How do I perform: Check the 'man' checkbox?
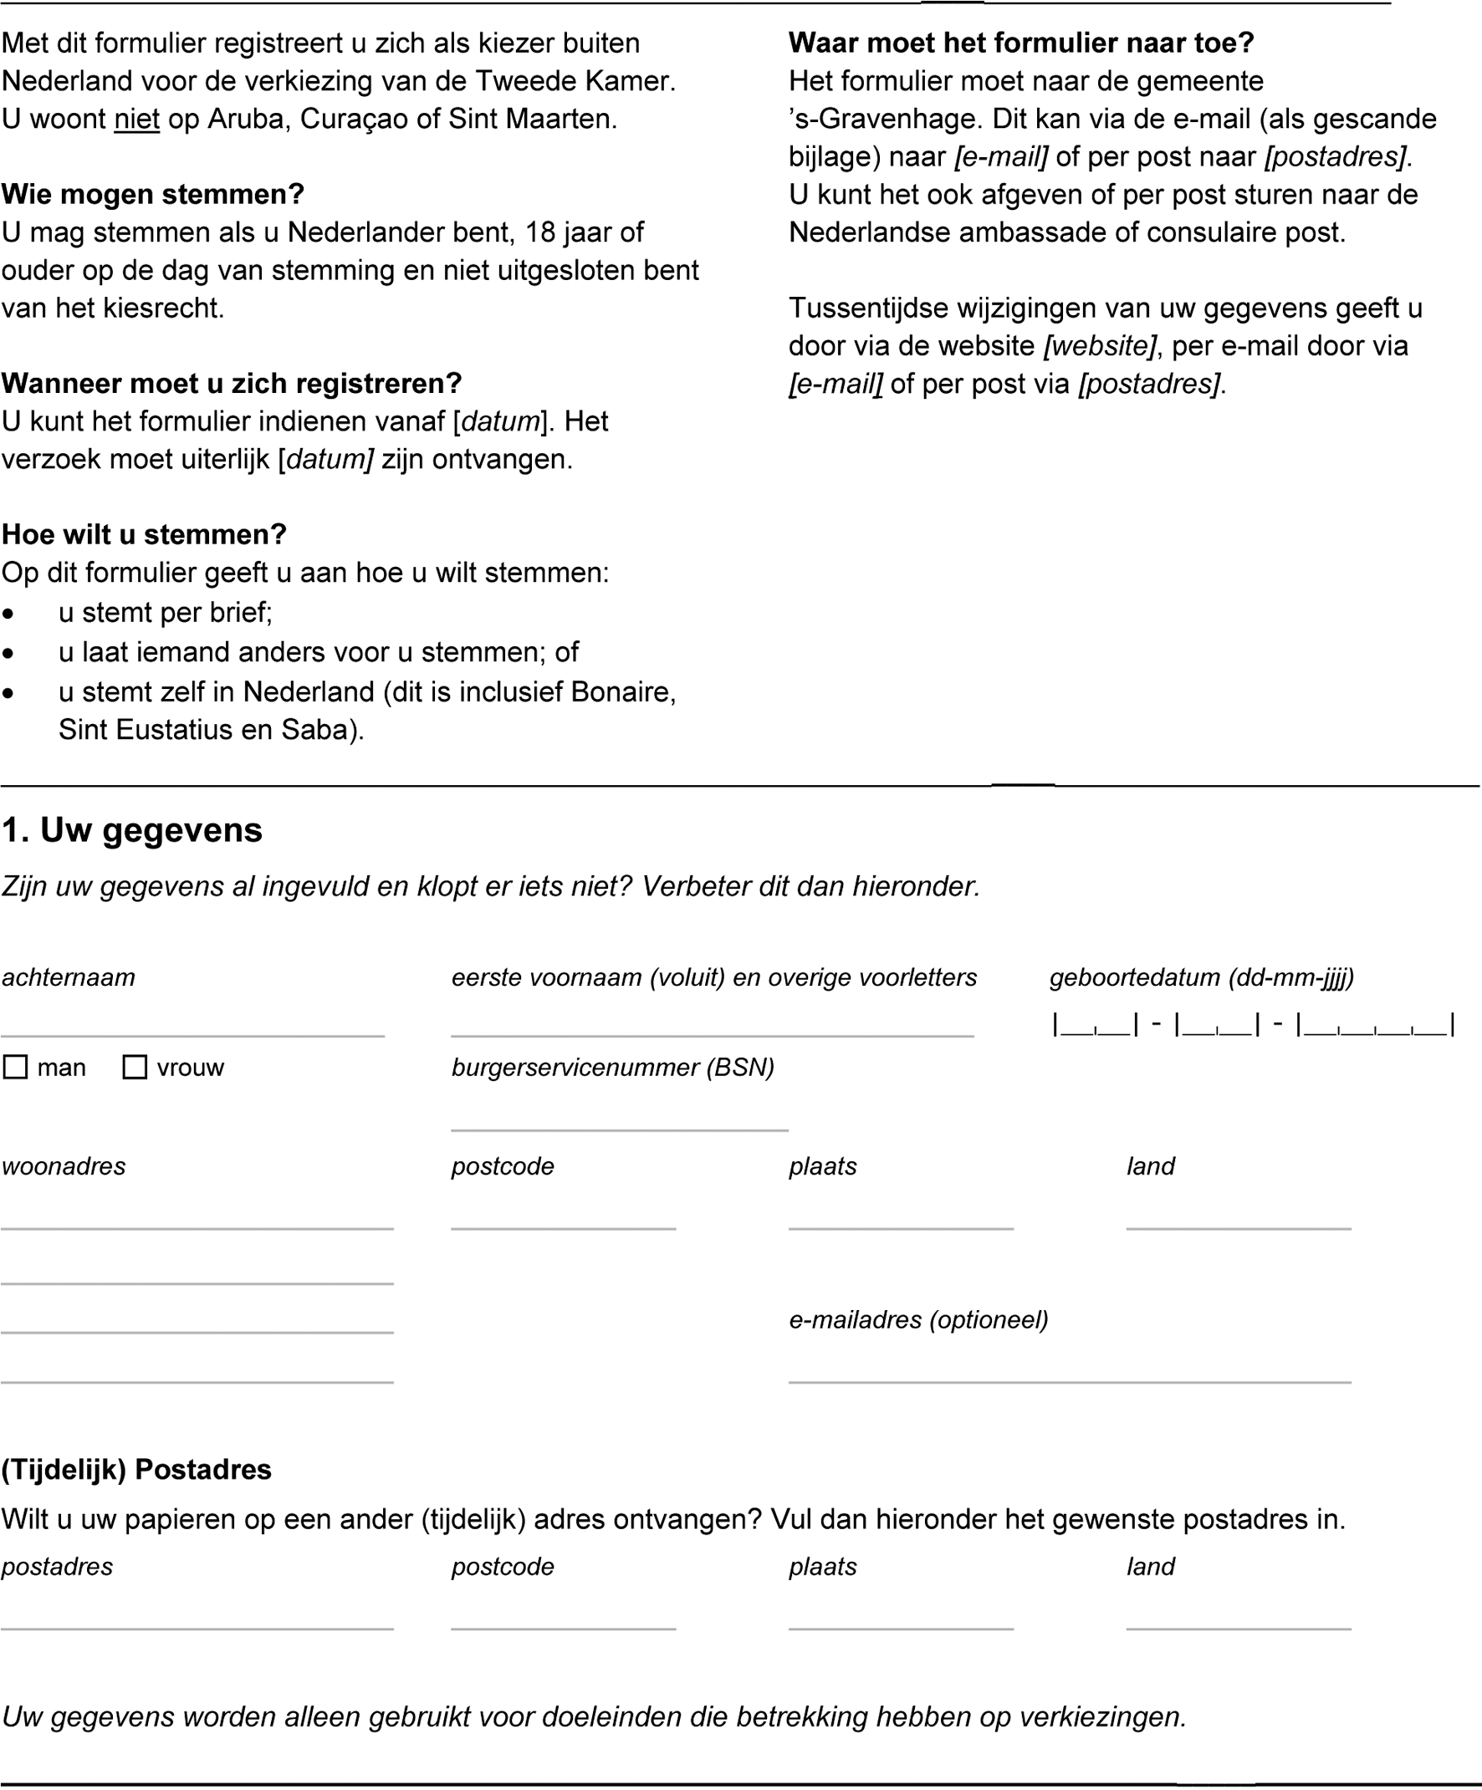pos(15,1067)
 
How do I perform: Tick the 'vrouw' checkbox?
pos(135,1067)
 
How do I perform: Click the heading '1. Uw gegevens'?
pos(132,830)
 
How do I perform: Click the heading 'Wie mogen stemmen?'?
pos(153,194)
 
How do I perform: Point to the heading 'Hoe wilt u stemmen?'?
pos(144,534)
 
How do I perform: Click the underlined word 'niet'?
pos(136,119)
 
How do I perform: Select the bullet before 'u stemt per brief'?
pos(8,614)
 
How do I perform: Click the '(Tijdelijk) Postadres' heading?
pos(136,1470)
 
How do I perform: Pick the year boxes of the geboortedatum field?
pos(1376,1023)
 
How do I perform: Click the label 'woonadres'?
pos(64,1166)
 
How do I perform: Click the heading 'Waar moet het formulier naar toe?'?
pos(1020,43)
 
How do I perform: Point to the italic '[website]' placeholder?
pos(1100,346)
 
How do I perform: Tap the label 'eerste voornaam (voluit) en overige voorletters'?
pos(713,977)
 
